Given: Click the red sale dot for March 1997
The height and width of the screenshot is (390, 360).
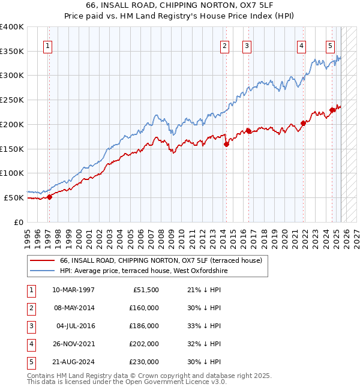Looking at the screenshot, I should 49,197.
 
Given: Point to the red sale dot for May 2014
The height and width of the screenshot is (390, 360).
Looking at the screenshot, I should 226,144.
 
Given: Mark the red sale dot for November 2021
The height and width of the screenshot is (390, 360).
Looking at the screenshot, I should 304,123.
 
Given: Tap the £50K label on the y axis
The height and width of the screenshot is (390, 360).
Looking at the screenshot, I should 14,197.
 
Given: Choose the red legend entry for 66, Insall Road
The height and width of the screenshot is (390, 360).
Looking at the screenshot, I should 161,261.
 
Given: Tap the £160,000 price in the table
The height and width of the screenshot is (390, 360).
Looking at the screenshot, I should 144,308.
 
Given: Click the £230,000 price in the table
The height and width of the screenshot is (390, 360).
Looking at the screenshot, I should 144,362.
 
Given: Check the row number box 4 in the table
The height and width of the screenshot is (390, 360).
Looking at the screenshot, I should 31,344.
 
